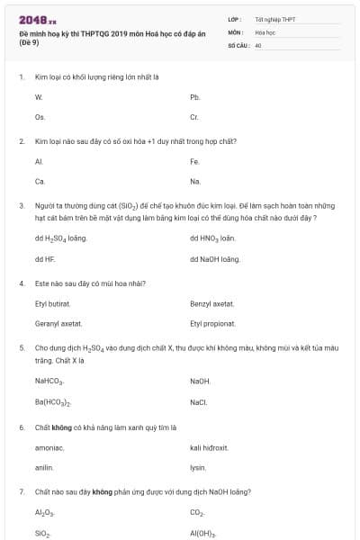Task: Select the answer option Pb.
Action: click(x=195, y=96)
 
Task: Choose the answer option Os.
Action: click(x=40, y=117)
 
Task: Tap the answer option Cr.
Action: click(x=194, y=117)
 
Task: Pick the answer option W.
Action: click(x=39, y=96)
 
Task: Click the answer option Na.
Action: click(x=195, y=181)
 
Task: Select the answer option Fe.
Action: click(x=194, y=161)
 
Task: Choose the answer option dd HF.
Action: click(x=45, y=258)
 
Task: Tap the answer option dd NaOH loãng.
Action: click(x=215, y=258)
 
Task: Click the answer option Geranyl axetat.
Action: click(x=58, y=323)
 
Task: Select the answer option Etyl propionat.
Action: click(x=213, y=323)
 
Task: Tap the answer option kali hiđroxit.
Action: click(x=209, y=447)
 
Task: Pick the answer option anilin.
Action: click(x=44, y=467)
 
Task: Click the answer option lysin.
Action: click(x=198, y=467)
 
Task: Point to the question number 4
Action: click(x=21, y=283)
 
